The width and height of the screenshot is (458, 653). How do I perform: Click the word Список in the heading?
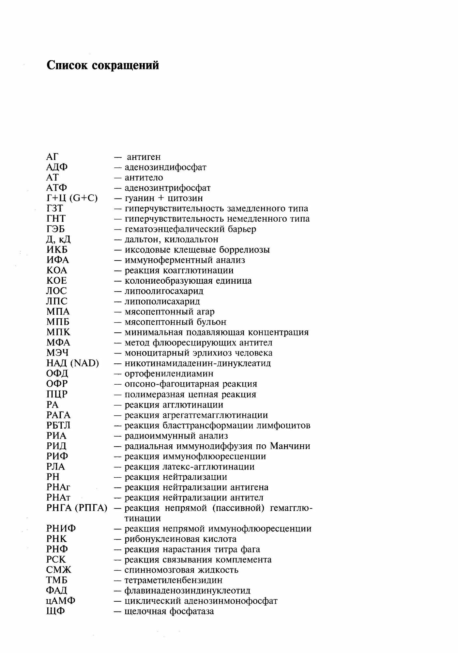click(67, 66)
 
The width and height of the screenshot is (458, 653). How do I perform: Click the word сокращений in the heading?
click(126, 66)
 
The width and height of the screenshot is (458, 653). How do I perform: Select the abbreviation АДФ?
click(57, 167)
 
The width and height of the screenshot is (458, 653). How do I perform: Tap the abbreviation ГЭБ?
click(56, 229)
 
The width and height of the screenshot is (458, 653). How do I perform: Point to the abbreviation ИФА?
click(58, 260)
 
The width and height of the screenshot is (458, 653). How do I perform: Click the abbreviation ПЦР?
click(57, 394)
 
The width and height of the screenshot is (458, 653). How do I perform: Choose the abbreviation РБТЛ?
click(58, 425)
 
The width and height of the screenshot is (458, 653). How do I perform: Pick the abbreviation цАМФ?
click(61, 601)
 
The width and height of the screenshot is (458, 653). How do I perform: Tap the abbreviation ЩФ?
click(56, 611)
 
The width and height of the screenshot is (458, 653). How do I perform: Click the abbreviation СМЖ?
click(59, 570)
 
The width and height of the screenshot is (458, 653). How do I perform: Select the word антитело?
click(144, 178)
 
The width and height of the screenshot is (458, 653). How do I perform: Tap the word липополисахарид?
click(162, 301)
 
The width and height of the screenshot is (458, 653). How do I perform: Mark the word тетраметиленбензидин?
click(174, 580)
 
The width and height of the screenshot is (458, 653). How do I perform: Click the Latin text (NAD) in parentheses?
click(85, 363)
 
